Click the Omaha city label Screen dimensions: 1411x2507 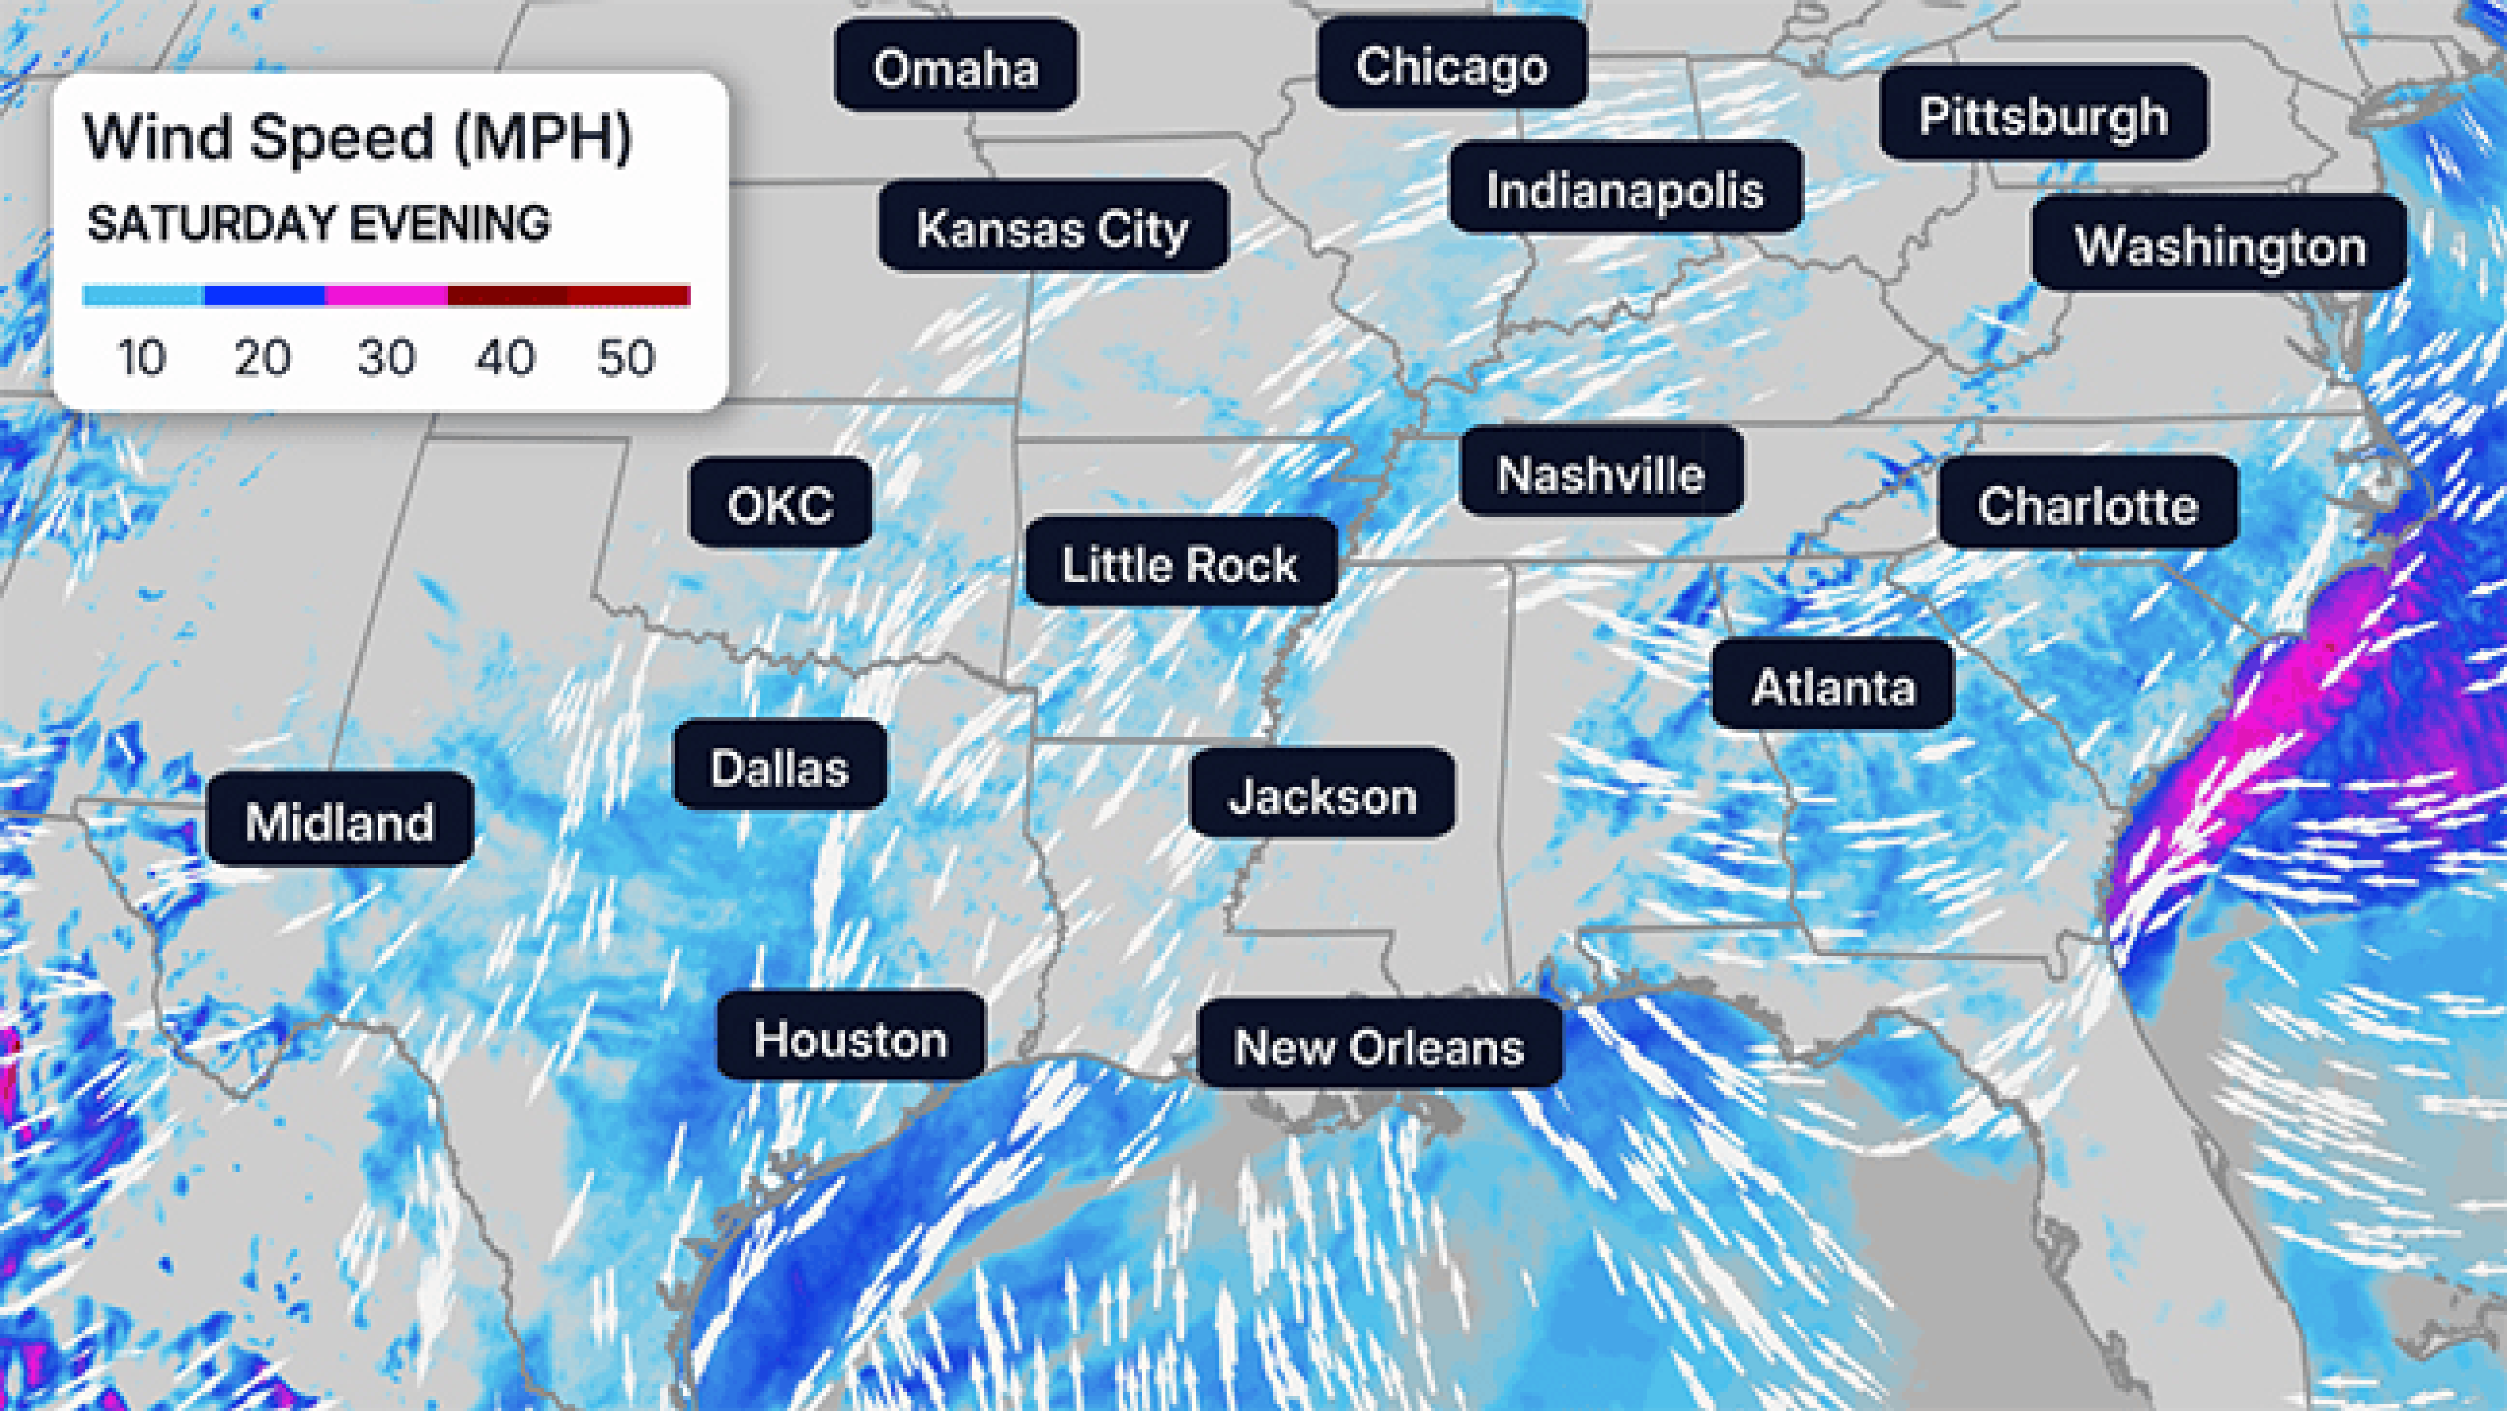pyautogui.click(x=956, y=66)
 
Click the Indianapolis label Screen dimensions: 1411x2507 pyautogui.click(x=1624, y=188)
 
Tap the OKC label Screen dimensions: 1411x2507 pyautogui.click(x=781, y=503)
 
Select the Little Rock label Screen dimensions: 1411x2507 pyautogui.click(x=1180, y=563)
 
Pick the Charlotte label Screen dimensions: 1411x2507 pyautogui.click(x=2088, y=503)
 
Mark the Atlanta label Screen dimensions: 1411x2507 pyautogui.click(x=1833, y=685)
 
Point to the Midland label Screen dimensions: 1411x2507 pyautogui.click(x=339, y=820)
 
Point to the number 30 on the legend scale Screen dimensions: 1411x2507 pyautogui.click(x=386, y=357)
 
